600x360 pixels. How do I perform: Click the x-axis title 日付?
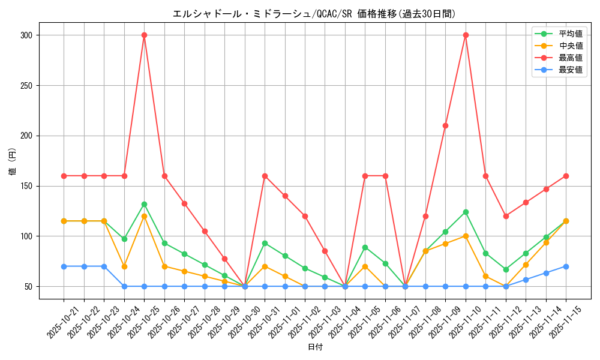pyautogui.click(x=315, y=347)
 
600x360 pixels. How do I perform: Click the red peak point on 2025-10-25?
pyautogui.click(x=144, y=35)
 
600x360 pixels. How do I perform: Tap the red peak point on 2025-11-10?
pyautogui.click(x=466, y=35)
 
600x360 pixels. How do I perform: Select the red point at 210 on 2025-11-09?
pyautogui.click(x=445, y=125)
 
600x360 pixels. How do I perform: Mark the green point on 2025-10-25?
pyautogui.click(x=144, y=204)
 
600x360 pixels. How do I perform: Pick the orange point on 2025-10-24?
pyautogui.click(x=124, y=266)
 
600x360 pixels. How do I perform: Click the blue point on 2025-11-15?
pyautogui.click(x=566, y=266)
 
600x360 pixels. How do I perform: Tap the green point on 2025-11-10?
pyautogui.click(x=466, y=212)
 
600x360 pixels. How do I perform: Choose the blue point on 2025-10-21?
pyautogui.click(x=64, y=266)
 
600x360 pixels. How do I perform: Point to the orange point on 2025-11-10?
pyautogui.click(x=466, y=236)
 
